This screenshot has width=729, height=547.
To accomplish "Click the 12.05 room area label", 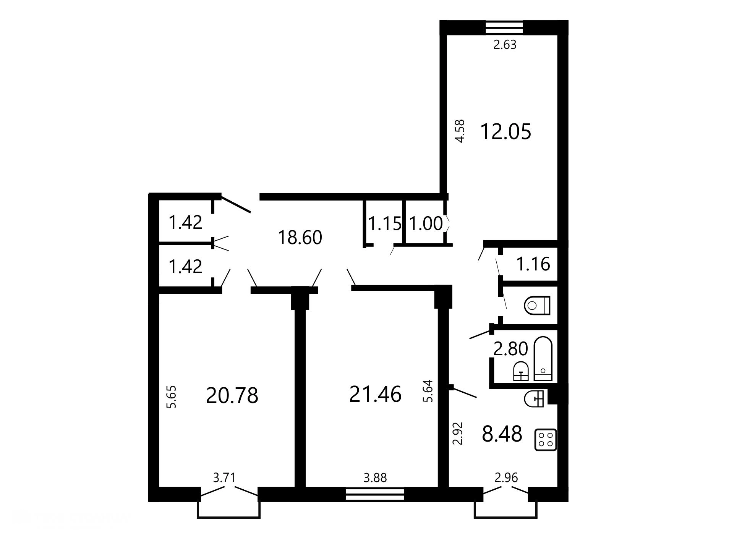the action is coord(505,131).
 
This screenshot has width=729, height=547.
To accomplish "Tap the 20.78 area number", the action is coord(232,395).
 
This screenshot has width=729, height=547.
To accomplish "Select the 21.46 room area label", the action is coord(375,394).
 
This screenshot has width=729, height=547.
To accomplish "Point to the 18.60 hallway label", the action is coord(300,238).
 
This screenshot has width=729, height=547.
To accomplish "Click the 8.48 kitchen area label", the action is coord(502,434).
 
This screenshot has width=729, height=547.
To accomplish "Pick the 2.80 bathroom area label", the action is coord(510,349).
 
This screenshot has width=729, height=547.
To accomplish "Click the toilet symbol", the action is coord(537,305).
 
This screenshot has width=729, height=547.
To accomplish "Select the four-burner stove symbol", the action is coord(545,440).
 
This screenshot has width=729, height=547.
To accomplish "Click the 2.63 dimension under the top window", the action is coord(505,45).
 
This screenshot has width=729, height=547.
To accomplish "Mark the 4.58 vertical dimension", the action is coord(460,131).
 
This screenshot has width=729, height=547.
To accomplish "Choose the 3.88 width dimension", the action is coord(375,477).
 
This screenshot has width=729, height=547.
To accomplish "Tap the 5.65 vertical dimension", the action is coord(172,397).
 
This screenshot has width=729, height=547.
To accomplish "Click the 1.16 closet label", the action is coord(533,264).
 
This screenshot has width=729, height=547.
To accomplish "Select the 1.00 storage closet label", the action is coord(426,223).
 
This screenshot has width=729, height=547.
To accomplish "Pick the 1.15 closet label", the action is coord(385,223).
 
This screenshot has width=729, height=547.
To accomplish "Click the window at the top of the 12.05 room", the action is coord(504,28).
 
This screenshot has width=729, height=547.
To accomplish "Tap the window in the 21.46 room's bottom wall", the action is coord(375,494).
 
